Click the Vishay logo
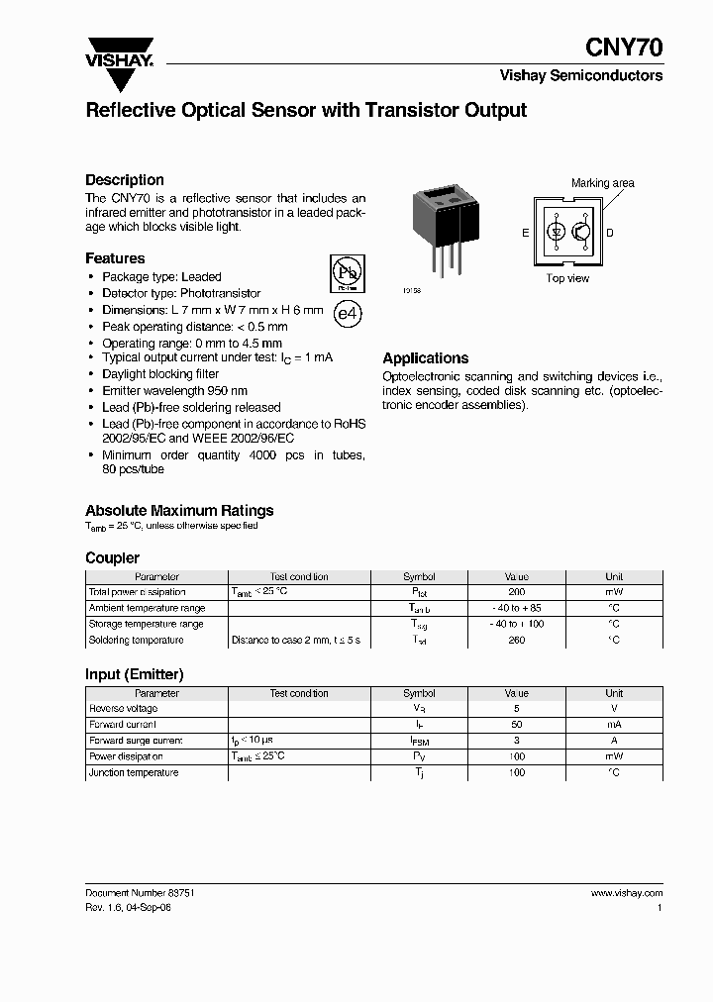tap(119, 51)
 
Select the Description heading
tap(125, 180)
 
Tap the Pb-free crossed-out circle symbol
tap(346, 272)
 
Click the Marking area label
tap(602, 183)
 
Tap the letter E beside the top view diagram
tap(526, 234)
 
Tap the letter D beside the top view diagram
tap(609, 234)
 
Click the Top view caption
tap(567, 278)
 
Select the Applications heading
tap(425, 358)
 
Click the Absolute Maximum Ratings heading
tap(179, 511)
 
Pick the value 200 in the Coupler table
tap(516, 592)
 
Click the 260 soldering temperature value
tap(516, 640)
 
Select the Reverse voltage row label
tap(123, 709)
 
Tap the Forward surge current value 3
tap(516, 741)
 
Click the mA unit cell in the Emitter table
tap(614, 725)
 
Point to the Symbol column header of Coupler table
tap(419, 576)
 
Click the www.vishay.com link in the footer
tap(626, 892)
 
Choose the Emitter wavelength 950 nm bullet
tap(174, 391)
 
